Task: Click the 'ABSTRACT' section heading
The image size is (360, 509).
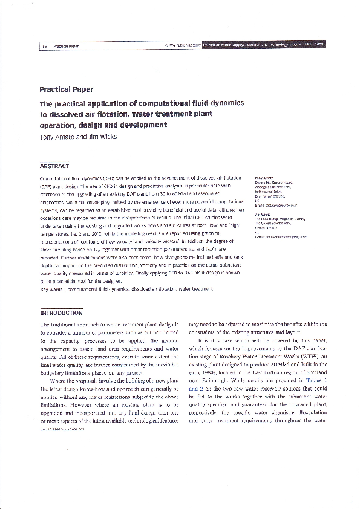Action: pyautogui.click(x=54, y=166)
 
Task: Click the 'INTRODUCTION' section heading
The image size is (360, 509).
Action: pyautogui.click(x=61, y=313)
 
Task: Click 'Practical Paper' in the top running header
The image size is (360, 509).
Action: pyautogui.click(x=66, y=45)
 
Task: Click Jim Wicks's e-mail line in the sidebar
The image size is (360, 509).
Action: pyautogui.click(x=281, y=238)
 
